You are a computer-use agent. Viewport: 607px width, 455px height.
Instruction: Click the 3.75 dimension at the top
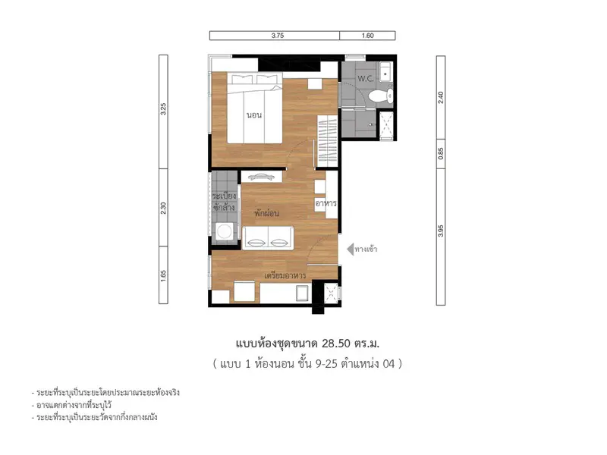[278, 36]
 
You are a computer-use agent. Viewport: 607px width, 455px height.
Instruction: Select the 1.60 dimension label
[368, 36]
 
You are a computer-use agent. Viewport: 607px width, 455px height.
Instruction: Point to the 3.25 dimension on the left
[163, 108]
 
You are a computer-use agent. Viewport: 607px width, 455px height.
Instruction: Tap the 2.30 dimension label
[163, 208]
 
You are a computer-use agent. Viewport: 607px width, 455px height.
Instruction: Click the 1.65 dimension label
[163, 276]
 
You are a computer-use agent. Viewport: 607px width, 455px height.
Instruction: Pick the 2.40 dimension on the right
[441, 97]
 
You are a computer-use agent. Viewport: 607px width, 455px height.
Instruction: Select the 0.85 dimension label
[441, 154]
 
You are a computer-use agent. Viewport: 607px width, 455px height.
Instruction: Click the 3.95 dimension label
[441, 231]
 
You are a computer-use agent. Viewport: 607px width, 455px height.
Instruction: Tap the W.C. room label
[366, 79]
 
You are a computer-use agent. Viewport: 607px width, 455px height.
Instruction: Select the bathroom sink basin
[385, 71]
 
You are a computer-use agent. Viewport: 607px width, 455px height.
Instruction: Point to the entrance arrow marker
[351, 249]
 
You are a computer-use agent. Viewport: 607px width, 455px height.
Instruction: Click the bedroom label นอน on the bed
[254, 115]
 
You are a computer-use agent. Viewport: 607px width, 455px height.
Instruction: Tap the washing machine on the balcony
[224, 232]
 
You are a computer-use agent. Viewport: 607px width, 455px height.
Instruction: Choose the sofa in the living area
[268, 238]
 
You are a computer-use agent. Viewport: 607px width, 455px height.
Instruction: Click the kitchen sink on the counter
[302, 293]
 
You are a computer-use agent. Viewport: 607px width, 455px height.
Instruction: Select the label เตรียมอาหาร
[285, 275]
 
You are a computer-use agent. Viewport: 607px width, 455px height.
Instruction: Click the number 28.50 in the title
[336, 344]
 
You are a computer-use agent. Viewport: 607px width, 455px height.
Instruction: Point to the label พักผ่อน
[266, 213]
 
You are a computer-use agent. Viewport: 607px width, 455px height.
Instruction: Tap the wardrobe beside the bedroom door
[328, 141]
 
